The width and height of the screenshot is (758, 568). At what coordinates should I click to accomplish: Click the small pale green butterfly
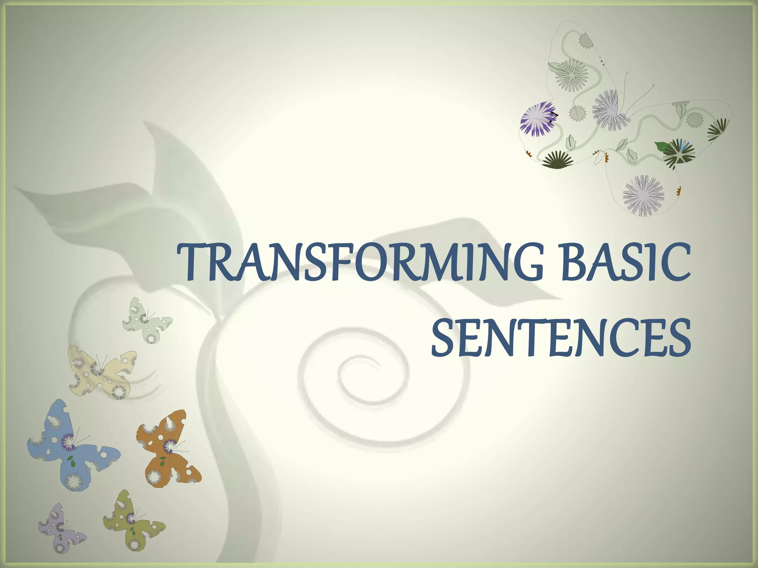click(146, 320)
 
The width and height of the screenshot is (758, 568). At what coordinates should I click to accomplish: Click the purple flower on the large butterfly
click(537, 119)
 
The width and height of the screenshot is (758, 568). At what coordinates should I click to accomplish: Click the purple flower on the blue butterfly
click(68, 441)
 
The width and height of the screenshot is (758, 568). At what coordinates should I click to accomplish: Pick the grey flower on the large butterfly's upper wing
click(571, 74)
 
